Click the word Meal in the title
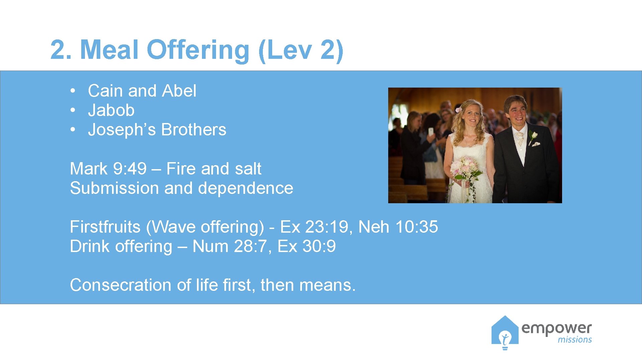109,50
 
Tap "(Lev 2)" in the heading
301,50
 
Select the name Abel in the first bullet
179,91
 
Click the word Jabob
111,110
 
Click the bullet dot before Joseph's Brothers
73,130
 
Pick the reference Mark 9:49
108,169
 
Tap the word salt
248,169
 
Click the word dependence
245,188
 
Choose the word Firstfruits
105,227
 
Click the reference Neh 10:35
398,227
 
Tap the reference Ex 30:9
306,246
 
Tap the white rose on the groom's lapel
533,135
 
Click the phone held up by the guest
431,131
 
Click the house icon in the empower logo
505,332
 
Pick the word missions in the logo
574,340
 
